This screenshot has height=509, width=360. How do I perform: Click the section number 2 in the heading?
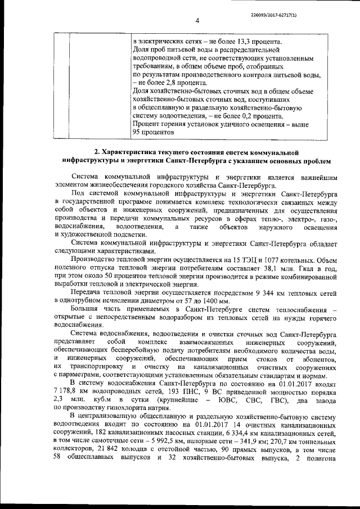(x=96, y=152)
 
